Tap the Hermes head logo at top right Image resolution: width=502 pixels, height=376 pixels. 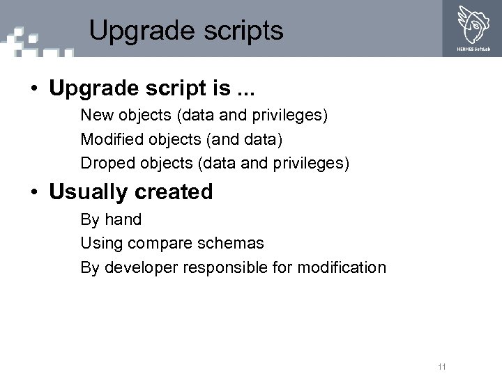(473, 23)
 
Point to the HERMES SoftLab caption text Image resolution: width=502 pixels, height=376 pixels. (473, 49)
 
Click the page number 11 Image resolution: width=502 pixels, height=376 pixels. (441, 367)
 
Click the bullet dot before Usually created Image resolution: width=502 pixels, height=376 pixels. (33, 192)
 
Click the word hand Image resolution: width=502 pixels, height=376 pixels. (123, 219)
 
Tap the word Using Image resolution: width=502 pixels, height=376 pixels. (97, 244)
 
